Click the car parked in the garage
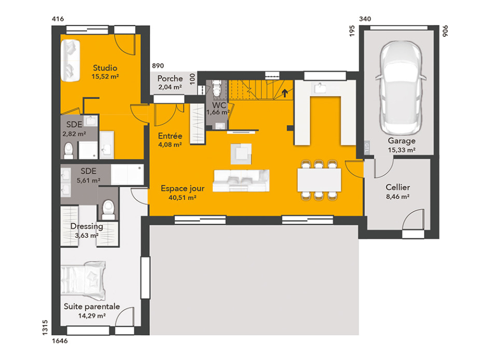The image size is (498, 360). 401,88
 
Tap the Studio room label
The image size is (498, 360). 105,68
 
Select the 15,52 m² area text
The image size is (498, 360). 105,76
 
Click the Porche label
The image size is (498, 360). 170,78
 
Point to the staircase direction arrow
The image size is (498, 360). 285,93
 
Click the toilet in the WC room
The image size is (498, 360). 217,88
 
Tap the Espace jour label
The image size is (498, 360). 183,189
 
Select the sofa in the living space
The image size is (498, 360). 241,181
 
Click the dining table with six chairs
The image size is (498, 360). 319,180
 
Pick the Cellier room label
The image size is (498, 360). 398,187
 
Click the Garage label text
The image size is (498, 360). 402,141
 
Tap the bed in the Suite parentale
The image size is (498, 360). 83,280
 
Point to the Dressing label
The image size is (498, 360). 87,226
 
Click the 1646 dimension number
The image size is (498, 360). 60,341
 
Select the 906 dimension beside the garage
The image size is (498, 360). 445,31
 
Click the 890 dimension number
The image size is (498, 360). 158,66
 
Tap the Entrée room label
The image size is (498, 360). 170,136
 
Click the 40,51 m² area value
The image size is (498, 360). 182,198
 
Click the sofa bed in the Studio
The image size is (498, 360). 70,60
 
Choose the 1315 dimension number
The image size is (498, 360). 45,327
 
